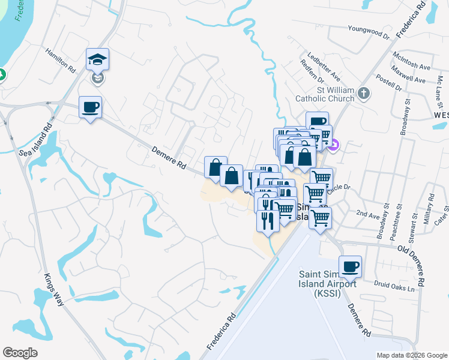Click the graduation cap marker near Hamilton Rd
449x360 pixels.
point(97,60)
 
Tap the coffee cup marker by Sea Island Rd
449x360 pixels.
point(90,108)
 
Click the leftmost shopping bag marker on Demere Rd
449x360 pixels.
point(215,168)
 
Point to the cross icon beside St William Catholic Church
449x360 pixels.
point(363,93)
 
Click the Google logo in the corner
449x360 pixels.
point(20,353)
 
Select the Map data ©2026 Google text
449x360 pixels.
point(411,355)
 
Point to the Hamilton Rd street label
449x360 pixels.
point(60,61)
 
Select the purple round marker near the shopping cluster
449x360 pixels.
point(335,145)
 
